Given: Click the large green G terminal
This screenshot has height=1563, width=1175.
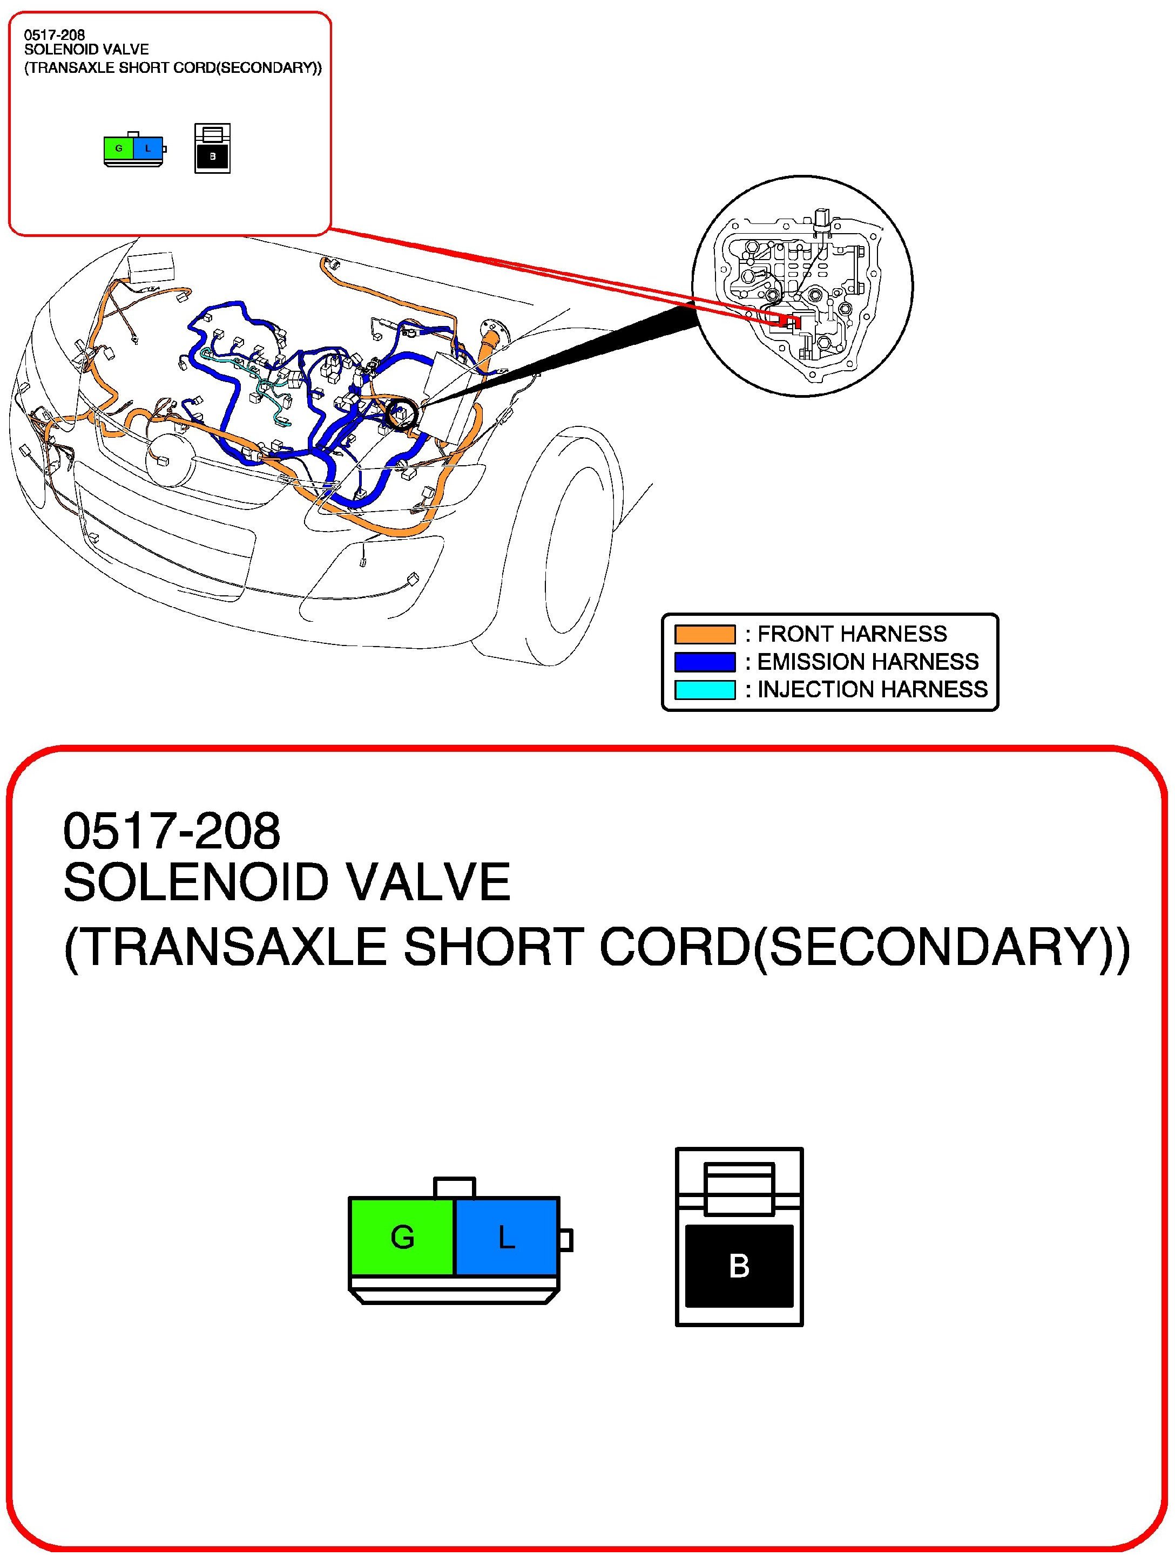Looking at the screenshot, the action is tap(402, 1236).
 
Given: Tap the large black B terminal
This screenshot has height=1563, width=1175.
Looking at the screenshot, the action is tap(739, 1266).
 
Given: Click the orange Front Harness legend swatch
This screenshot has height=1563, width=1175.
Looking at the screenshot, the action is tap(704, 634).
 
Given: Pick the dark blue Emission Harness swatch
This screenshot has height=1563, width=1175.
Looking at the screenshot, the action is tap(704, 662).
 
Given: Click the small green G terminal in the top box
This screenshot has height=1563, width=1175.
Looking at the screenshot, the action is tap(119, 148).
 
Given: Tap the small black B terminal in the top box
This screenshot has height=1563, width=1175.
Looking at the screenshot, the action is tap(212, 157).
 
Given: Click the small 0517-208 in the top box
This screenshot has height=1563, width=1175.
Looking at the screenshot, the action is tap(55, 35).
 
